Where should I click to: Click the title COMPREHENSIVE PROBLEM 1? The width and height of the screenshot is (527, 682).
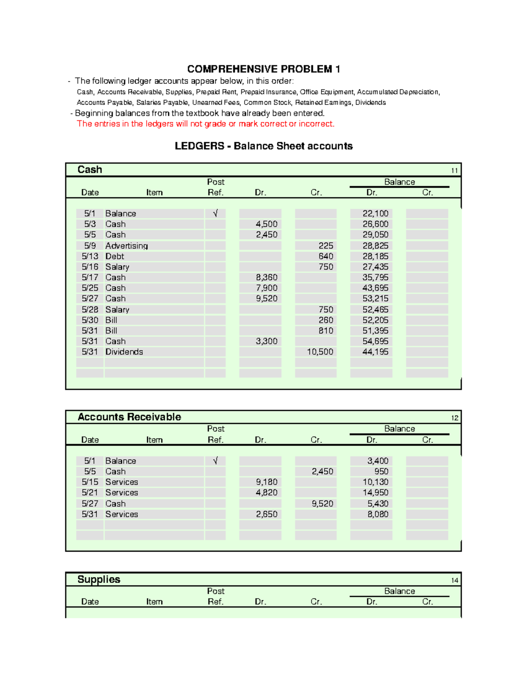point(263,69)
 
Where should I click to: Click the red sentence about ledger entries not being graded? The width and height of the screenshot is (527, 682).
point(206,124)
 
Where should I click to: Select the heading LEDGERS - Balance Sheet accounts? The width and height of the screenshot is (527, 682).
point(263,146)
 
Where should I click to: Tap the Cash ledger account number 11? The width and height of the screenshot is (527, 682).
point(455,170)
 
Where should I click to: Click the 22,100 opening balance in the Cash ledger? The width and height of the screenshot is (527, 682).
point(375,213)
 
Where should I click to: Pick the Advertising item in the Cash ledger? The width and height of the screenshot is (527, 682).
point(126,245)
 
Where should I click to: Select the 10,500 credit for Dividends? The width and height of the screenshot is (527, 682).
point(320,352)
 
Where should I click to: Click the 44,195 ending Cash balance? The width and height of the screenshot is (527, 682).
point(375,352)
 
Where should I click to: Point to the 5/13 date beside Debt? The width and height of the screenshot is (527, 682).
point(90,256)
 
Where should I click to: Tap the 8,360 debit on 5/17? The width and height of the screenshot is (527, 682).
point(267,278)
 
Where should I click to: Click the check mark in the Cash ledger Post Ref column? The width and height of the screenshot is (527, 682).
point(215,213)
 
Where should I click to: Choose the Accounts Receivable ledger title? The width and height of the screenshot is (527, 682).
point(129,417)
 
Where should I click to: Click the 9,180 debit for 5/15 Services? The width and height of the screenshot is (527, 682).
point(267,482)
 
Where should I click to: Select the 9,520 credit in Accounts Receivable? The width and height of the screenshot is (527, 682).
point(322,504)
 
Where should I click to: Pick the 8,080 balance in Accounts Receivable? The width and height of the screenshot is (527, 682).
point(378,514)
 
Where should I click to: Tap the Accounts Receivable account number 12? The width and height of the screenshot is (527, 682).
point(455,418)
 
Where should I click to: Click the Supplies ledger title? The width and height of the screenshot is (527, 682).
point(99,579)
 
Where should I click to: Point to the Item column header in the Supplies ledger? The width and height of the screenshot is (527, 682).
point(154,602)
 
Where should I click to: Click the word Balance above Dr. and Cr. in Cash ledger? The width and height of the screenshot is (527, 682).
point(399,182)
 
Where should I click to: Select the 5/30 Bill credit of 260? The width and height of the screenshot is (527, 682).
point(326,320)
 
